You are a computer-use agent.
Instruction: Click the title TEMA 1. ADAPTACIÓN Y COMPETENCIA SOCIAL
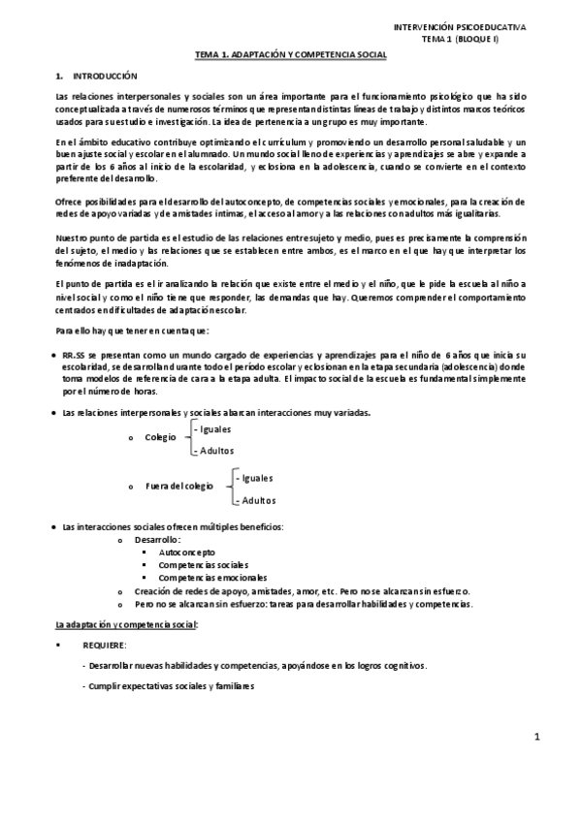point(290,55)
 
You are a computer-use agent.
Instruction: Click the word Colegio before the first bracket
point(160,437)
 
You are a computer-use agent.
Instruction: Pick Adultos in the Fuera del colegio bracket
point(257,500)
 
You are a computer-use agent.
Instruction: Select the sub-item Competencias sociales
point(204,564)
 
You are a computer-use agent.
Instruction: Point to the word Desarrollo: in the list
point(158,538)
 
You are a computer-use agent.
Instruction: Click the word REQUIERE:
point(105,645)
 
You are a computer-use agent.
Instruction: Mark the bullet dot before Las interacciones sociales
point(52,526)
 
